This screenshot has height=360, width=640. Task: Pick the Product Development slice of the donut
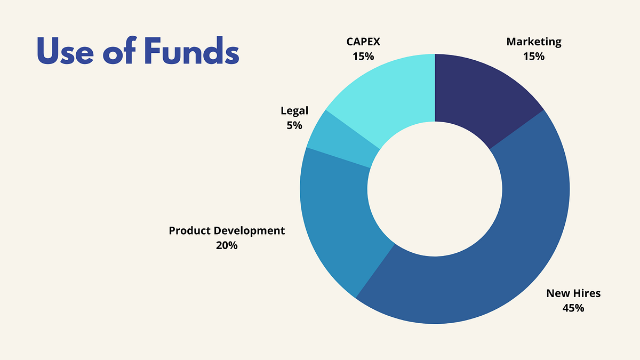click(341, 224)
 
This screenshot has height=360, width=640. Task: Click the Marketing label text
click(534, 42)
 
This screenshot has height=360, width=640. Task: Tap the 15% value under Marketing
click(534, 55)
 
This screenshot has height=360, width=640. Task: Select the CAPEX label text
click(363, 42)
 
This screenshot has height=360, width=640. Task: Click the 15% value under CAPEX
click(363, 55)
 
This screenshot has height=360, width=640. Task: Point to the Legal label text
click(294, 111)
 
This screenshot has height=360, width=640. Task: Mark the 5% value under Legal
click(294, 125)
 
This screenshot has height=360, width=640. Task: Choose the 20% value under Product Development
click(227, 245)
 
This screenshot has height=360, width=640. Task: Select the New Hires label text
click(573, 293)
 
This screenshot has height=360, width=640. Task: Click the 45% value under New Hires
click(573, 308)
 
